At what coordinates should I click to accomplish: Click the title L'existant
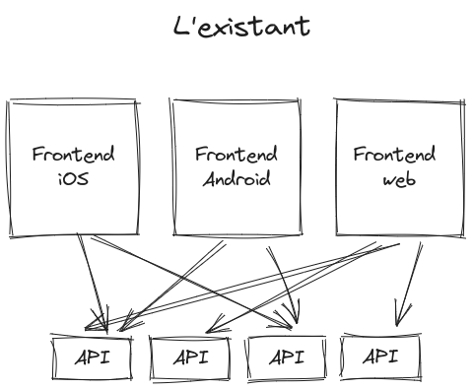[x=240, y=26]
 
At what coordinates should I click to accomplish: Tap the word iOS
[x=73, y=179]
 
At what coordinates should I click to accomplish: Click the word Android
[x=236, y=179]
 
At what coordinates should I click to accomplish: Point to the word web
[x=398, y=179]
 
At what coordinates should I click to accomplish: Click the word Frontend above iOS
[x=73, y=155]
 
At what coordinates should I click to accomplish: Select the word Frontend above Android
[x=236, y=155]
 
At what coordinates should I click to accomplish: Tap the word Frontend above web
[x=394, y=155]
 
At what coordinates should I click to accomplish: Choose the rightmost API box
[x=378, y=357]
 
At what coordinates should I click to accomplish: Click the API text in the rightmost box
[x=378, y=357]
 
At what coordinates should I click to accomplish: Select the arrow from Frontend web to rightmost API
[x=408, y=281]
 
